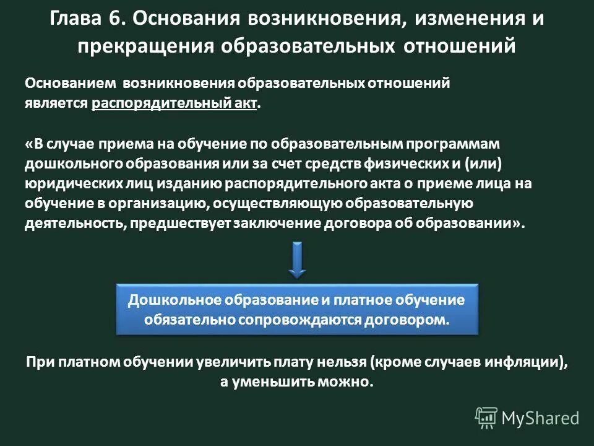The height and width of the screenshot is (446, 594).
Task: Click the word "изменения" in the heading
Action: [464, 19]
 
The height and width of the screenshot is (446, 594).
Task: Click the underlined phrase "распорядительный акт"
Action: [174, 103]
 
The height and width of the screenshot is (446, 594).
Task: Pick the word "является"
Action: [56, 103]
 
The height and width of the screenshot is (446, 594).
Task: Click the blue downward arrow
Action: [298, 259]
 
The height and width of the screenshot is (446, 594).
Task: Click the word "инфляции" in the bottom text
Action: [530, 363]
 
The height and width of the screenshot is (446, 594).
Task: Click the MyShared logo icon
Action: [486, 418]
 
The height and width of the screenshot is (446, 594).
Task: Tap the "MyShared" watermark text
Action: [540, 419]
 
